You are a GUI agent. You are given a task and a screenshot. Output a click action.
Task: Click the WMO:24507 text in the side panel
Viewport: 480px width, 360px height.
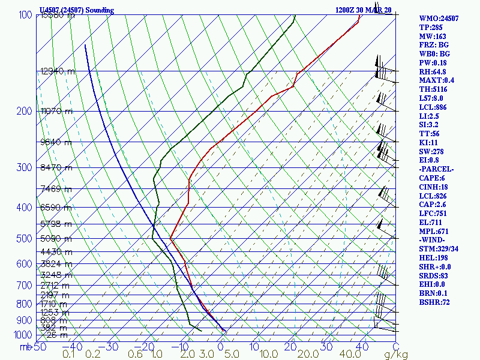coord(439,19)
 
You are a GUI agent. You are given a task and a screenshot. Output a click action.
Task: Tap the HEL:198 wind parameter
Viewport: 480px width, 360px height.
coord(434,257)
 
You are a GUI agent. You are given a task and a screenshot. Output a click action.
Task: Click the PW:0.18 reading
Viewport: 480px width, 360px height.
coord(434,63)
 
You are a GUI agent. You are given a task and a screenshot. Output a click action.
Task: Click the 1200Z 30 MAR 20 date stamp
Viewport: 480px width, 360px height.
coord(363,10)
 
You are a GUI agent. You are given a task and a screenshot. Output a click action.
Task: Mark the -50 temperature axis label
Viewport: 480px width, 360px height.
coord(38,346)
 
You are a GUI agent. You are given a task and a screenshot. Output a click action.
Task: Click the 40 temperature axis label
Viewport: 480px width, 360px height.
coord(361,346)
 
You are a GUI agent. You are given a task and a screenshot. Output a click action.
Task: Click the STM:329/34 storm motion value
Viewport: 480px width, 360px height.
coord(439,249)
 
